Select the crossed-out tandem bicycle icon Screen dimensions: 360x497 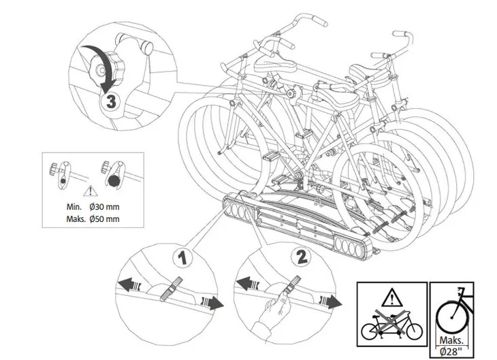392,323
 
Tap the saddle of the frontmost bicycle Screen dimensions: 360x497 336,95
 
